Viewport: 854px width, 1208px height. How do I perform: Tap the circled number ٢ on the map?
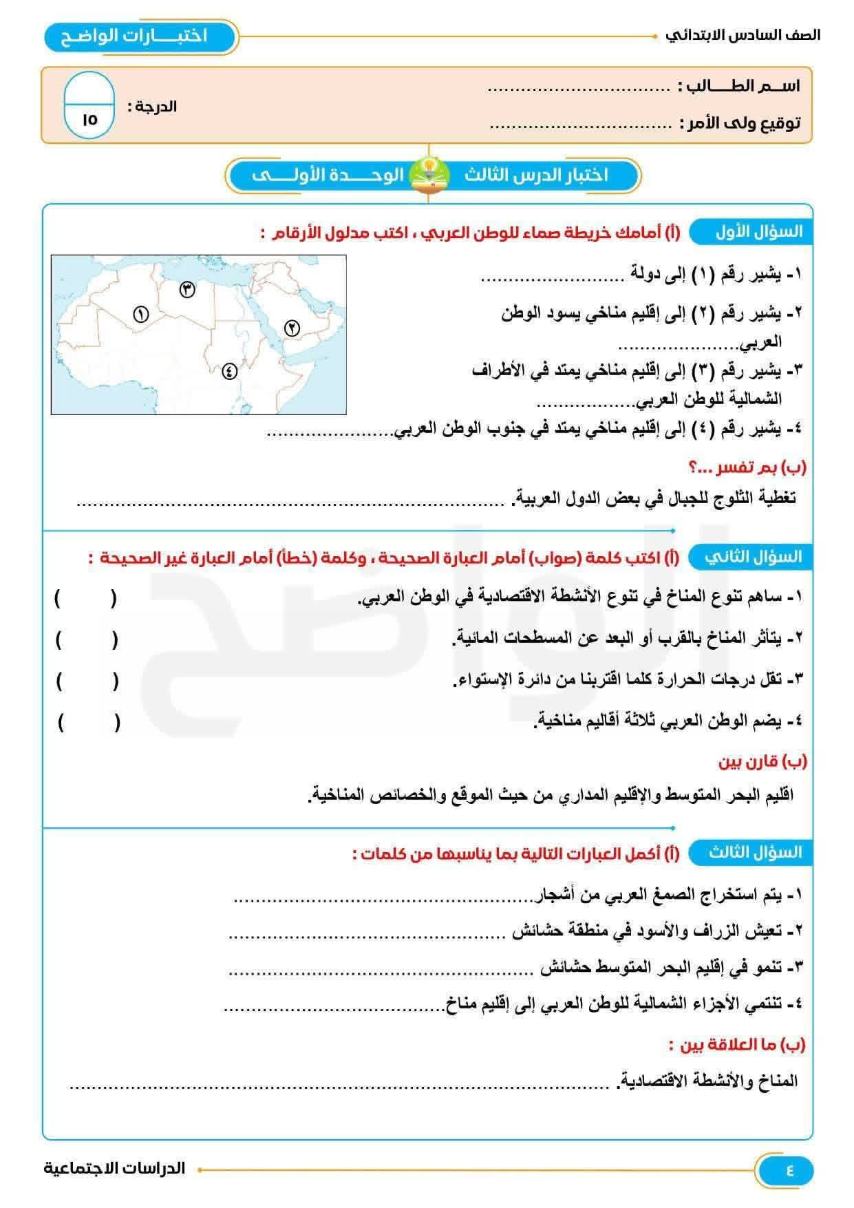coord(292,328)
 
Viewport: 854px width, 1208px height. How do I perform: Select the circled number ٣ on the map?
coord(187,289)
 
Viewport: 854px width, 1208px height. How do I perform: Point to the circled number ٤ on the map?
coord(229,371)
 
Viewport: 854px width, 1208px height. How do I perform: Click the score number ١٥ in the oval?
coord(89,119)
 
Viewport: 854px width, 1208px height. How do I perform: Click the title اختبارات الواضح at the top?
coord(135,36)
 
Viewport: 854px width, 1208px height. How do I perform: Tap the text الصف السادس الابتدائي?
coord(743,35)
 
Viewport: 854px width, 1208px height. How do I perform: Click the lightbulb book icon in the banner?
coord(429,175)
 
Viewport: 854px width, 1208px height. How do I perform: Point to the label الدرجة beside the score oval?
coord(152,107)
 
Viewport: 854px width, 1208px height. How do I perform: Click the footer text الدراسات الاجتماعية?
coord(114,1168)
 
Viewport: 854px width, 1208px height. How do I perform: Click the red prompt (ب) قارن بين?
coord(762,761)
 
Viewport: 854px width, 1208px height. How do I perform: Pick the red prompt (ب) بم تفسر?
coord(747,467)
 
